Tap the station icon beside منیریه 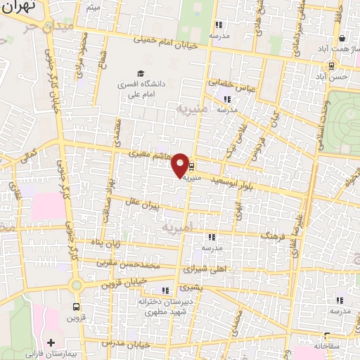tap(193, 168)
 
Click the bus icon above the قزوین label tap(76, 307)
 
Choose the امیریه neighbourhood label tap(173, 229)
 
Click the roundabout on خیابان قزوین tap(75, 284)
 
